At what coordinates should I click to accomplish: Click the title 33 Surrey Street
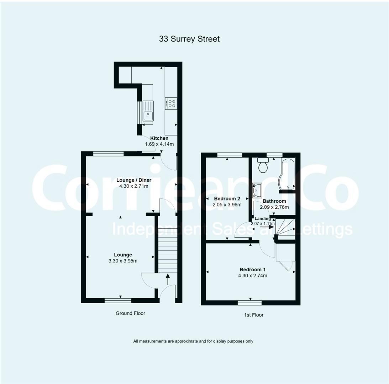[x=189, y=39]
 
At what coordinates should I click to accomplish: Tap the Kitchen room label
[x=159, y=138]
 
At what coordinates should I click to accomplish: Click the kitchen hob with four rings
[x=171, y=103]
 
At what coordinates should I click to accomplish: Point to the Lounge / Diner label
[x=134, y=180]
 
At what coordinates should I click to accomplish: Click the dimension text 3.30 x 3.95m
[x=123, y=261]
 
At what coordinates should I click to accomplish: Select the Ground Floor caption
[x=130, y=313]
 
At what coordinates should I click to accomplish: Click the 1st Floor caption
[x=254, y=315]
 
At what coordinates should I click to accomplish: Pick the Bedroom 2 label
[x=227, y=198]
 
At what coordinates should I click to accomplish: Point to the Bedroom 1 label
[x=252, y=269]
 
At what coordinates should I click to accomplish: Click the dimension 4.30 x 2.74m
[x=252, y=275]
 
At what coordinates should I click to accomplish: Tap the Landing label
[x=263, y=219]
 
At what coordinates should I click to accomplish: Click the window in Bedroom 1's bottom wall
[x=249, y=303]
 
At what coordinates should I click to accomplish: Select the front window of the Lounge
[x=118, y=300]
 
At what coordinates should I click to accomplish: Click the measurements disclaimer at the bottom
[x=193, y=341]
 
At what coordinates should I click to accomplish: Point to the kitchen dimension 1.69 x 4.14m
[x=159, y=144]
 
